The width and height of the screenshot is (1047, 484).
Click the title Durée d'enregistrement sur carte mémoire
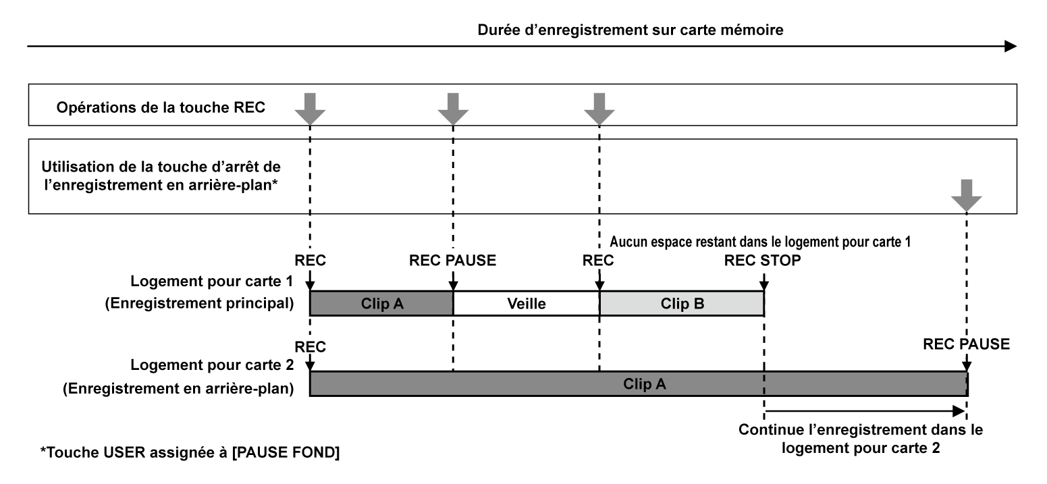(630, 30)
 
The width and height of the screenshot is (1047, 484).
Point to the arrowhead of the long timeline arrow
(1009, 46)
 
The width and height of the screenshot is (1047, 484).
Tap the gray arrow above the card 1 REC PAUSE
(453, 107)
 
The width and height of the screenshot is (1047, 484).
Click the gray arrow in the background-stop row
(966, 194)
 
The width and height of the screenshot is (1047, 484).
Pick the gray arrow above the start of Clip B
(599, 107)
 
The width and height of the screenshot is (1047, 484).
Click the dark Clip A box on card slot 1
(381, 304)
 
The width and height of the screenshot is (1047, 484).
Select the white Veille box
(526, 304)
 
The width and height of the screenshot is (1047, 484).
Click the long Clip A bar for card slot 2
(638, 383)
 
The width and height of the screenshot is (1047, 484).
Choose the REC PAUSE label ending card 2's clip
(967, 344)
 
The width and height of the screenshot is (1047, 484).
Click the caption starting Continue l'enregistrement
(861, 437)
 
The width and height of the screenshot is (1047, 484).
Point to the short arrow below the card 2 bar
(863, 410)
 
